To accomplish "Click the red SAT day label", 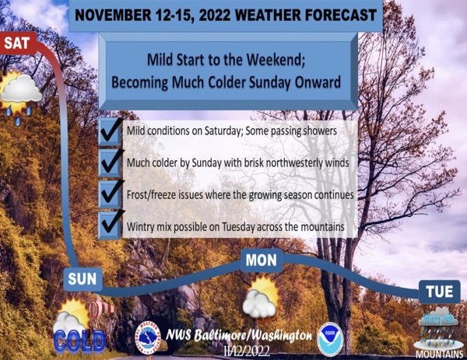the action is pyautogui.click(x=18, y=44).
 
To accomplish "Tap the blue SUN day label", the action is pyautogui.click(x=83, y=279).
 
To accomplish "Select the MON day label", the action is pyautogui.click(x=262, y=260).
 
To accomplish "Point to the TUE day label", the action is pyautogui.click(x=440, y=292).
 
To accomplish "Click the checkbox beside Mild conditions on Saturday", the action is pyautogui.click(x=110, y=132).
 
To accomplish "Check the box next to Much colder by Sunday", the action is pyautogui.click(x=110, y=164).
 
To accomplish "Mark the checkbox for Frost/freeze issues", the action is pyautogui.click(x=110, y=195).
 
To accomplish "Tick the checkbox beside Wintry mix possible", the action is pyautogui.click(x=110, y=225).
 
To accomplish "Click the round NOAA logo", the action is pyautogui.click(x=330, y=340).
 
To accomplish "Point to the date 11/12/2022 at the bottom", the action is pyautogui.click(x=248, y=351).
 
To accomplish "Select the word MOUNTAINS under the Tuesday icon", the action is pyautogui.click(x=439, y=355).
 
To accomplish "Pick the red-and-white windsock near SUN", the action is pyautogui.click(x=100, y=309).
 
